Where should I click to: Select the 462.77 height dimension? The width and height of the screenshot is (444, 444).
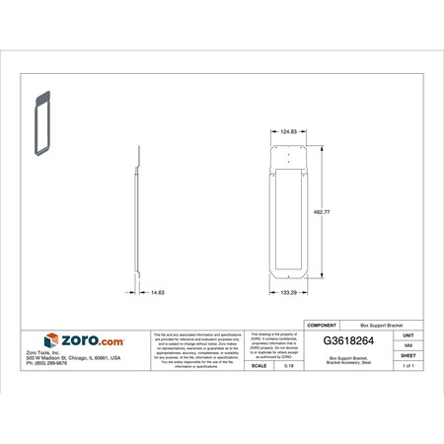[x=323, y=211]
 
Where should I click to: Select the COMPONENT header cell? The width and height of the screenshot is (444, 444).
[x=326, y=325]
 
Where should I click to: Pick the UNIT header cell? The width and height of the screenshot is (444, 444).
[x=407, y=333]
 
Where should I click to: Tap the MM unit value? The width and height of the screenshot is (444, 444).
[x=407, y=346]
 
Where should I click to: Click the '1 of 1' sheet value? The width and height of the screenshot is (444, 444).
[x=407, y=366]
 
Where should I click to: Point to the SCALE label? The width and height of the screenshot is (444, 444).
[x=259, y=366]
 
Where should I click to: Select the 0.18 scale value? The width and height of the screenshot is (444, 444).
[x=288, y=366]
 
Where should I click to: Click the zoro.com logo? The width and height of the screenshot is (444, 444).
[x=87, y=339]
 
